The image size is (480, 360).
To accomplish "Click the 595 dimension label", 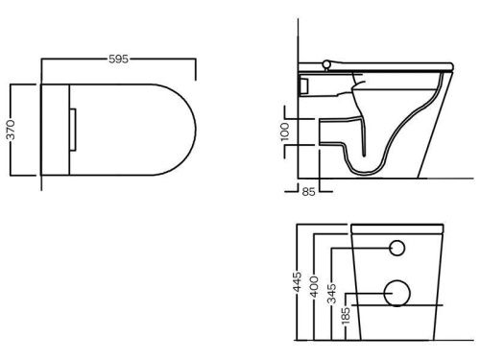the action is click(118, 59).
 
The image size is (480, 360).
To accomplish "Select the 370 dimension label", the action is click(11, 130).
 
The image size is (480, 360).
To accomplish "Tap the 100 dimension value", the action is click(284, 132).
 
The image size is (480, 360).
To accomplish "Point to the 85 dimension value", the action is click(308, 192).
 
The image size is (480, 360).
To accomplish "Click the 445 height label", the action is click(298, 282).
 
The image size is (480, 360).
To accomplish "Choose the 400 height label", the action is click(315, 286).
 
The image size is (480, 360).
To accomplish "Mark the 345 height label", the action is click(332, 293).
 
